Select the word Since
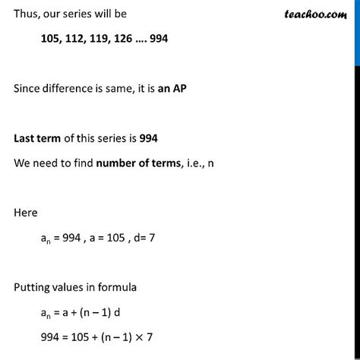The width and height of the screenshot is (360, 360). coord(27,89)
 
